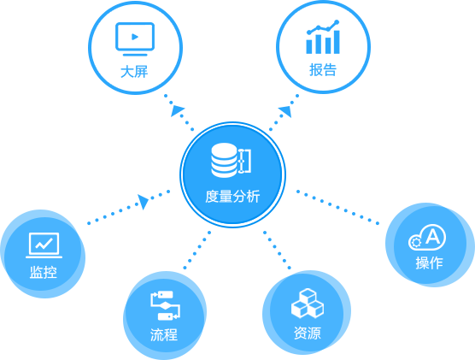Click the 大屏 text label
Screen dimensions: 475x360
tap(134, 72)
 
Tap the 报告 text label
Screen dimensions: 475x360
tap(323, 70)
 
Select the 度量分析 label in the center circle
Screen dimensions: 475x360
tap(232, 196)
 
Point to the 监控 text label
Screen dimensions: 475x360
tap(44, 272)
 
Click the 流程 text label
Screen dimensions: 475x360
tap(164, 335)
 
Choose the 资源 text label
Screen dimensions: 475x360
tap(308, 333)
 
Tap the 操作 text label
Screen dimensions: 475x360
tap(429, 263)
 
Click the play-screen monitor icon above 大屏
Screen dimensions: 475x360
tap(135, 39)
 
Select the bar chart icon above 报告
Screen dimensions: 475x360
tap(323, 37)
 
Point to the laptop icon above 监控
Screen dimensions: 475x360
tap(44, 245)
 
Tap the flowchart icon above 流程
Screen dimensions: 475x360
tap(165, 306)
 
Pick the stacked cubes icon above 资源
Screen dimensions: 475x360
tap(308, 304)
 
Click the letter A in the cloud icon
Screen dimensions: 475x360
tap(432, 236)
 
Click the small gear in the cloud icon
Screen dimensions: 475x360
tap(415, 242)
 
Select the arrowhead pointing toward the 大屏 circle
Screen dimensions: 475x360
tap(177, 110)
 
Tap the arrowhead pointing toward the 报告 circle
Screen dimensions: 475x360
tap(285, 111)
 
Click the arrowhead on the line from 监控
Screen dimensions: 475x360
tap(144, 202)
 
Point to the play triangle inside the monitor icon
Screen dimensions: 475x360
tap(135, 37)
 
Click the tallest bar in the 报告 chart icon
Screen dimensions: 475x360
tap(337, 42)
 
